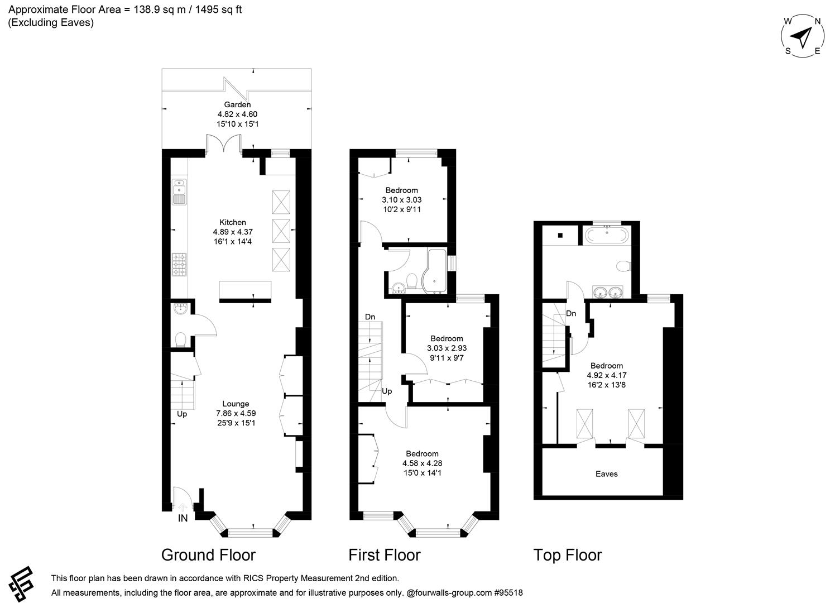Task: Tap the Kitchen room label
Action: [232, 222]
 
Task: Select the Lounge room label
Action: [236, 404]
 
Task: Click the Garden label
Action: [237, 104]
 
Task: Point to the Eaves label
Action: [606, 474]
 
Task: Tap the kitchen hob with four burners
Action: [179, 265]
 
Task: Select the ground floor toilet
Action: [180, 339]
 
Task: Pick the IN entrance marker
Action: [183, 518]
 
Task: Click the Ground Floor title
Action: [208, 555]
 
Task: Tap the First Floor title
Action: [384, 555]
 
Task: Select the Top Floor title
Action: [567, 555]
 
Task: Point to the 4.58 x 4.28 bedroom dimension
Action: [422, 463]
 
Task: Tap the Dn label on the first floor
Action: [370, 317]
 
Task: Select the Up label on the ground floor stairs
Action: [182, 414]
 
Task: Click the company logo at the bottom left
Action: [21, 584]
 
